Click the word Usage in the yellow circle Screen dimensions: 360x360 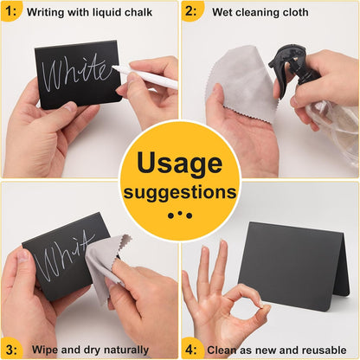pos(180,164)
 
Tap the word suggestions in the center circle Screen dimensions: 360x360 pos(180,193)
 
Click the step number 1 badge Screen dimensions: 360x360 pos(11,11)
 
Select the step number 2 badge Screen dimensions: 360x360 pos(191,11)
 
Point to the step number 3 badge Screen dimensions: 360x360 pos(11,350)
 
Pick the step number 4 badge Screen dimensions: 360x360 pos(191,350)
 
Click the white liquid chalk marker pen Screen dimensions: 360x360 pos(145,77)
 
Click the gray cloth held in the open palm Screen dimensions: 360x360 pos(240,85)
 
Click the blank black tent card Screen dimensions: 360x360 pos(294,266)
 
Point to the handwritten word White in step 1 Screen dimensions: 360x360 pos(75,72)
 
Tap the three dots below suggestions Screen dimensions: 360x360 pos(180,215)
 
